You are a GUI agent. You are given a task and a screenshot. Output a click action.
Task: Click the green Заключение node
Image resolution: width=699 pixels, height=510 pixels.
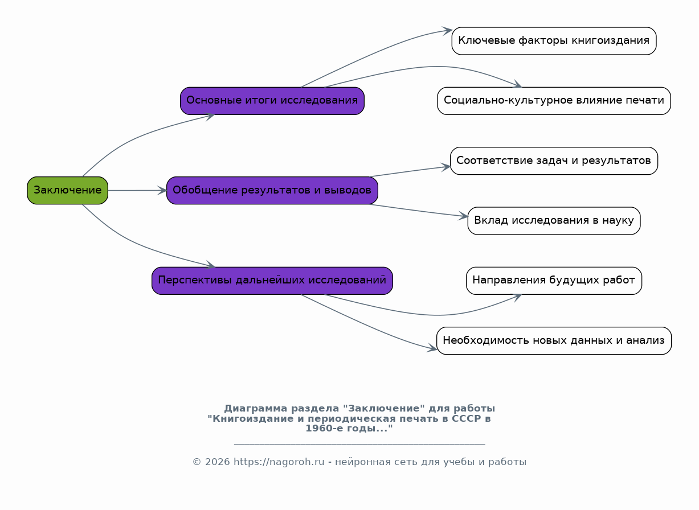[67, 191]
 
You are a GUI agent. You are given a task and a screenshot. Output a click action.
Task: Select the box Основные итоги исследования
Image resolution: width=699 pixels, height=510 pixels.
[272, 101]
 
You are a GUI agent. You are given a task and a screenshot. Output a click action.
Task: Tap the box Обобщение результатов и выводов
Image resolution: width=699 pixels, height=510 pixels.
[272, 191]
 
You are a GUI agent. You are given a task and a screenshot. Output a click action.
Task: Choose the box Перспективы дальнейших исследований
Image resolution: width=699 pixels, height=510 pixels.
[272, 281]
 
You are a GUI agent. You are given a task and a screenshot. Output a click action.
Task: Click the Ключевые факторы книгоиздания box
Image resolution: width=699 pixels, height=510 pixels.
[554, 41]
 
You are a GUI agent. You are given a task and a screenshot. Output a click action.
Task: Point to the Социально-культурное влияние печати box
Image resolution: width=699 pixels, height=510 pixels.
[554, 101]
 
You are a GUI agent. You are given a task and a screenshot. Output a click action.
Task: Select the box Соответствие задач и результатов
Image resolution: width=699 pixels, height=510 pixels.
[554, 161]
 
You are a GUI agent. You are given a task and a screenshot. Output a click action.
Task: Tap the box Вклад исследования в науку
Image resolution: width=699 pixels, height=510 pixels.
[554, 221]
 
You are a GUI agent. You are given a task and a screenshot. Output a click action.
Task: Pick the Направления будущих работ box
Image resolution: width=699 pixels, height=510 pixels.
[554, 281]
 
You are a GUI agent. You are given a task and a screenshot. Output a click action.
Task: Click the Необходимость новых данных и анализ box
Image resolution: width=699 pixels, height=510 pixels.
[554, 341]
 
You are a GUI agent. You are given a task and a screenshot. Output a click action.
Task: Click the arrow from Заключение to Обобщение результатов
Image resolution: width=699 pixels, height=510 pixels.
[137, 191]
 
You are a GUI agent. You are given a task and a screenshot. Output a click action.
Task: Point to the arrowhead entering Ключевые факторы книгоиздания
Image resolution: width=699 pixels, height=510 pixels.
[447, 31]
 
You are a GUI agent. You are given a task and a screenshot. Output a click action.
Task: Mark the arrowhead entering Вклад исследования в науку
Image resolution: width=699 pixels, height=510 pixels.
[463, 216]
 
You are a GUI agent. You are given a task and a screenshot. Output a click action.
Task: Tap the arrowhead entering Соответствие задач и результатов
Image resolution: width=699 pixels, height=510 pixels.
[445, 167]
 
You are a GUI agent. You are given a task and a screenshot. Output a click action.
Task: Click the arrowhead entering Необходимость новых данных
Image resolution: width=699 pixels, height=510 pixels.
[432, 348]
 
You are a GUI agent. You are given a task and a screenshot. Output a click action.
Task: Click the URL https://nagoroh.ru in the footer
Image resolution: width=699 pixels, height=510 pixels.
[279, 462]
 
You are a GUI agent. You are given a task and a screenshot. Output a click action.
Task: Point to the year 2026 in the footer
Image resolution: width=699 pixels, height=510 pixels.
[217, 462]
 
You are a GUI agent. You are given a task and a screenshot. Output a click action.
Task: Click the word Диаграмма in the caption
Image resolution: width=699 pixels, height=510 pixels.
[256, 409]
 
